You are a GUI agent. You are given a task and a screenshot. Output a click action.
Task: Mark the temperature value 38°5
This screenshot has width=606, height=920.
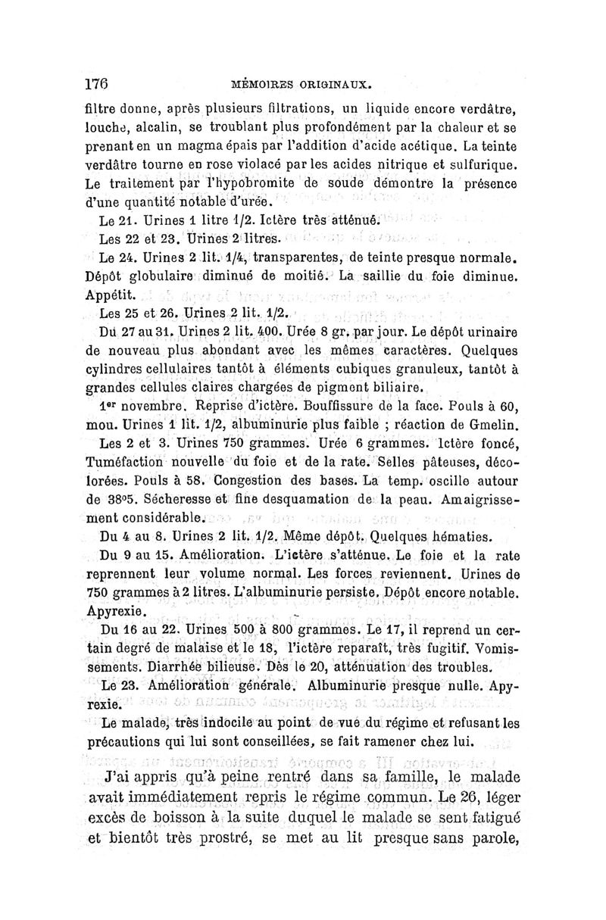[105, 500]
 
